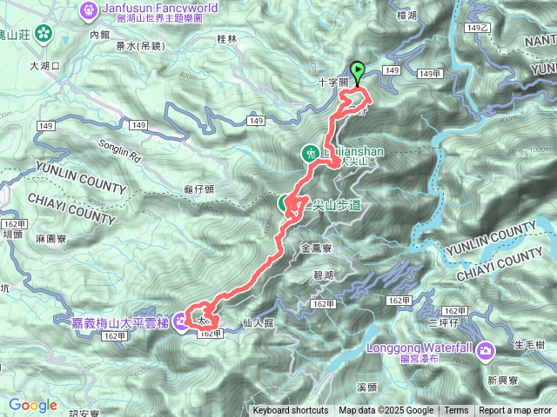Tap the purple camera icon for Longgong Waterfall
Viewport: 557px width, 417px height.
(x=486, y=351)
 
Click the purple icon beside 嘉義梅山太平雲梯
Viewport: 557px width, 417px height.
(x=180, y=322)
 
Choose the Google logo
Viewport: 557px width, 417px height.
(x=33, y=405)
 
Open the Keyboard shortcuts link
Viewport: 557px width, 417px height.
(x=291, y=411)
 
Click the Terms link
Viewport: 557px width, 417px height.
(x=456, y=411)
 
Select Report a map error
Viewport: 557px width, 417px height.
(x=515, y=411)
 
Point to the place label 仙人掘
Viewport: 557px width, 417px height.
(x=258, y=322)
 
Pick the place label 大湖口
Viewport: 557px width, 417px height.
(x=44, y=65)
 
